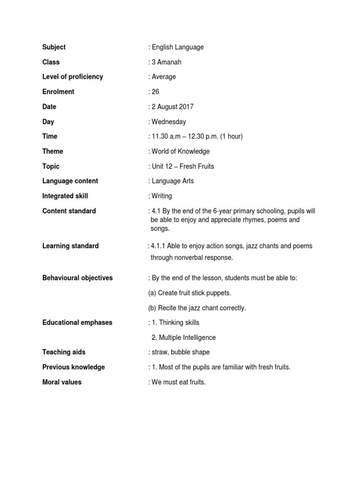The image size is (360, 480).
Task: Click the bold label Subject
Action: [x=54, y=47]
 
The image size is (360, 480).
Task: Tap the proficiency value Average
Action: [x=164, y=77]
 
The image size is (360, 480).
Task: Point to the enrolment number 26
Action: [x=156, y=92]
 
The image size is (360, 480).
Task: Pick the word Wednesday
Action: [x=169, y=122]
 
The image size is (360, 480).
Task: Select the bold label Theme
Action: [x=52, y=151]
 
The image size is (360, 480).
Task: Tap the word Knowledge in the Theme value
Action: [x=194, y=151]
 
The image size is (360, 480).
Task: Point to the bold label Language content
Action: [x=70, y=181]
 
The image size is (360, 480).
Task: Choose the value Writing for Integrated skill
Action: [x=162, y=196]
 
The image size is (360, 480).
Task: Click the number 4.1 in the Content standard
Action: [x=156, y=211]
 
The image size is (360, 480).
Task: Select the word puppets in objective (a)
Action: [x=220, y=293]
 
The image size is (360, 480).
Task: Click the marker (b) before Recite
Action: [x=152, y=308]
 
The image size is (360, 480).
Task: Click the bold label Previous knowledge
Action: [x=74, y=367]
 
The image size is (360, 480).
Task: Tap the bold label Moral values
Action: [x=62, y=382]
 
